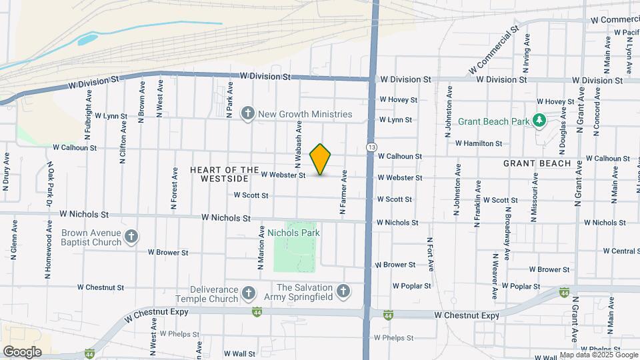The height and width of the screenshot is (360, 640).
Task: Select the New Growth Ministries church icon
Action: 248,113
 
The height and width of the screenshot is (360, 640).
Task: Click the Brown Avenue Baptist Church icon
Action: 132,237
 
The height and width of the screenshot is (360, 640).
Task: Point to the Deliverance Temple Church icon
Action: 249,293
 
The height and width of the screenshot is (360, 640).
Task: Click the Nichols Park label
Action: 294,233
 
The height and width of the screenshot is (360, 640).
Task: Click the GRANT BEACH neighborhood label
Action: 537,163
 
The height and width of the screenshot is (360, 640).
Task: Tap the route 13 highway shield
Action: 371,147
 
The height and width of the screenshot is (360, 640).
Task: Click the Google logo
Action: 22,351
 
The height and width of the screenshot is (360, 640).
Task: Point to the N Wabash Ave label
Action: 299,143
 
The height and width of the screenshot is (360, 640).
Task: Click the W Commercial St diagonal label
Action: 493,51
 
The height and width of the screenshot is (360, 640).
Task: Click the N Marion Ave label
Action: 261,247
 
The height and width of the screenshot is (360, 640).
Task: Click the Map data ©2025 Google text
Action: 598,355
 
